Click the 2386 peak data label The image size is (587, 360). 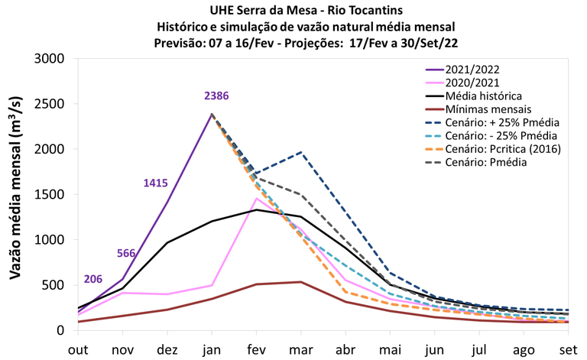tap(216, 96)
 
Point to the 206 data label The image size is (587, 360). tap(93, 280)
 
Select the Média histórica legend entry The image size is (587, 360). tap(485, 96)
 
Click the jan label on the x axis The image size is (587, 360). tap(212, 348)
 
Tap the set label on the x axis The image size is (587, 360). tap(570, 348)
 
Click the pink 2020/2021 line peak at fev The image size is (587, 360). tap(258, 199)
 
